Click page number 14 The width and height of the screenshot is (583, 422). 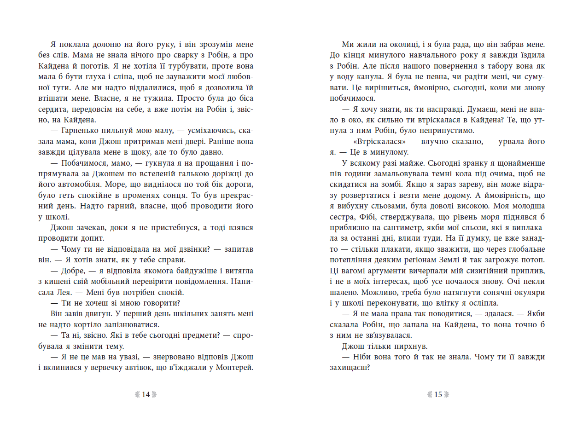146,394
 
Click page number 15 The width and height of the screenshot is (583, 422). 437,394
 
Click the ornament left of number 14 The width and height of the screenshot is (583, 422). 136,394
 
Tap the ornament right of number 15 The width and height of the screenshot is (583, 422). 447,394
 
